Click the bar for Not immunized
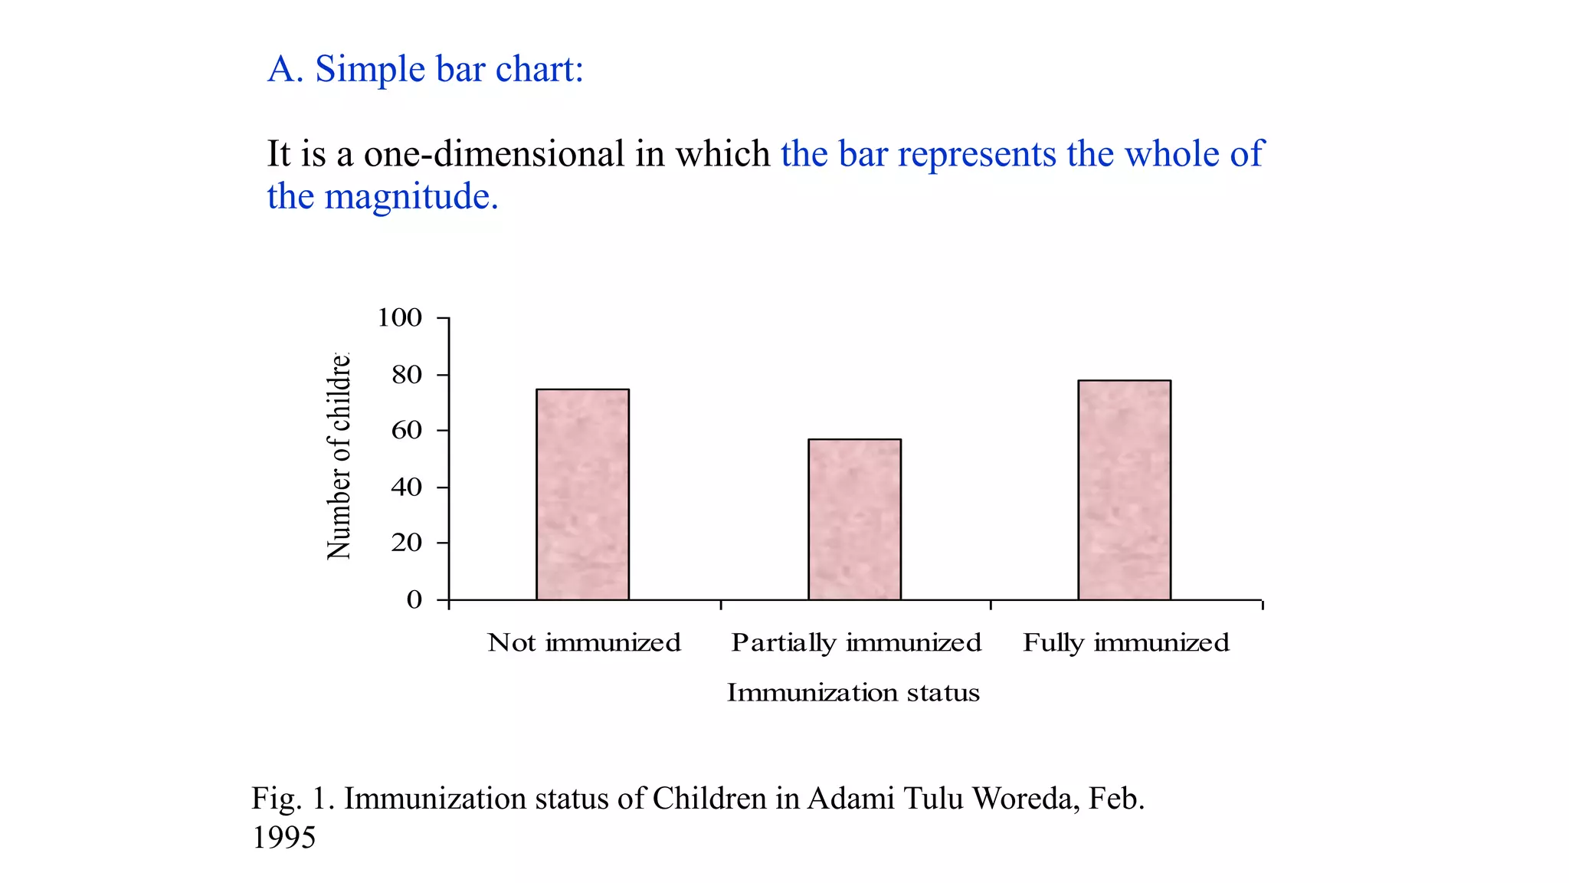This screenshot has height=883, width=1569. pos(582,494)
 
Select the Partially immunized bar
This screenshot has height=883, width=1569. pos(854,520)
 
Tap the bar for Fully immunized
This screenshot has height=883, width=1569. pos(1124,490)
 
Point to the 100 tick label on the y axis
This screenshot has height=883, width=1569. pos(399,317)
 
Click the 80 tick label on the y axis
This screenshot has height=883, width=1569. pos(407,375)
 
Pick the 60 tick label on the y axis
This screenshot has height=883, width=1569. pos(407,430)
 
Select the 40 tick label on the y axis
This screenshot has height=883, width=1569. pos(407,487)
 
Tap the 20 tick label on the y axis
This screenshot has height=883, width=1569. pos(407,543)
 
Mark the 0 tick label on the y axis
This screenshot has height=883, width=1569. pos(414,599)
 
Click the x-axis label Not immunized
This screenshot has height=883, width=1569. pos(584,642)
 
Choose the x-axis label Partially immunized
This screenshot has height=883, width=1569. pos(856,642)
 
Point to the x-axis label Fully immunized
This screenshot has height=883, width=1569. pos(1125,642)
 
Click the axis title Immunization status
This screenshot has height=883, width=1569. pos(853,692)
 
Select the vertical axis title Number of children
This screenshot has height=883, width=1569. pos(339,457)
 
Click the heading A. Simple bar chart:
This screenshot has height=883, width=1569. pos(425,69)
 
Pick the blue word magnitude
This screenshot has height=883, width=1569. pos(411,197)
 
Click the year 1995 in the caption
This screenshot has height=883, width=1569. pos(283,838)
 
